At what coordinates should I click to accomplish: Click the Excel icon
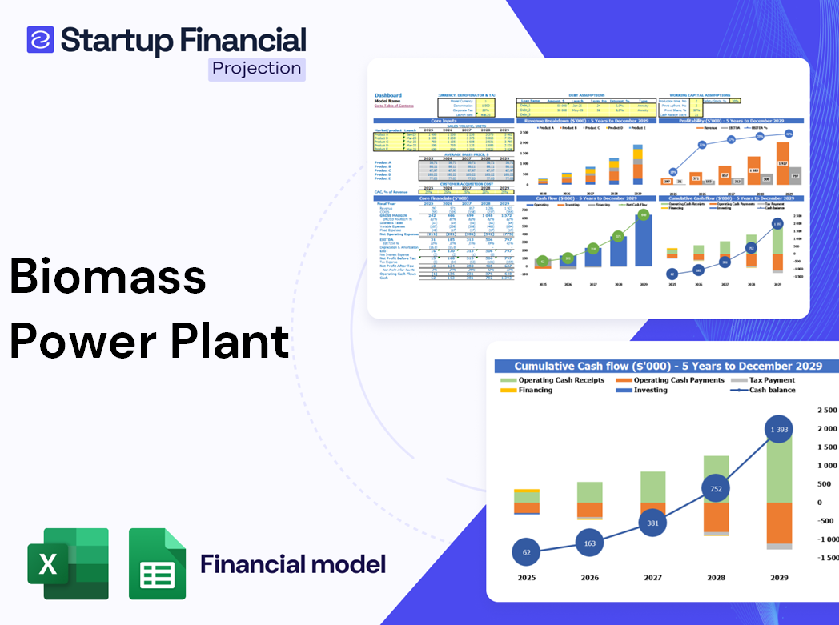68,563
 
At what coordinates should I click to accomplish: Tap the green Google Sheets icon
158,563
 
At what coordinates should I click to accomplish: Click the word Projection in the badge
257,69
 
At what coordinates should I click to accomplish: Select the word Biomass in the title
107,278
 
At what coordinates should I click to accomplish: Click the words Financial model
293,564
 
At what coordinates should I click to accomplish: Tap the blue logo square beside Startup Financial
40,39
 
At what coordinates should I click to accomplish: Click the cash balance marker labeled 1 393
773,431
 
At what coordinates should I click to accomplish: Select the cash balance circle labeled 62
527,552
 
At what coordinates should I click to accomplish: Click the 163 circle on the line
589,543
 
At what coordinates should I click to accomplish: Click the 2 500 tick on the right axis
825,410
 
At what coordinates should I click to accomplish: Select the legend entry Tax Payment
771,380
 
